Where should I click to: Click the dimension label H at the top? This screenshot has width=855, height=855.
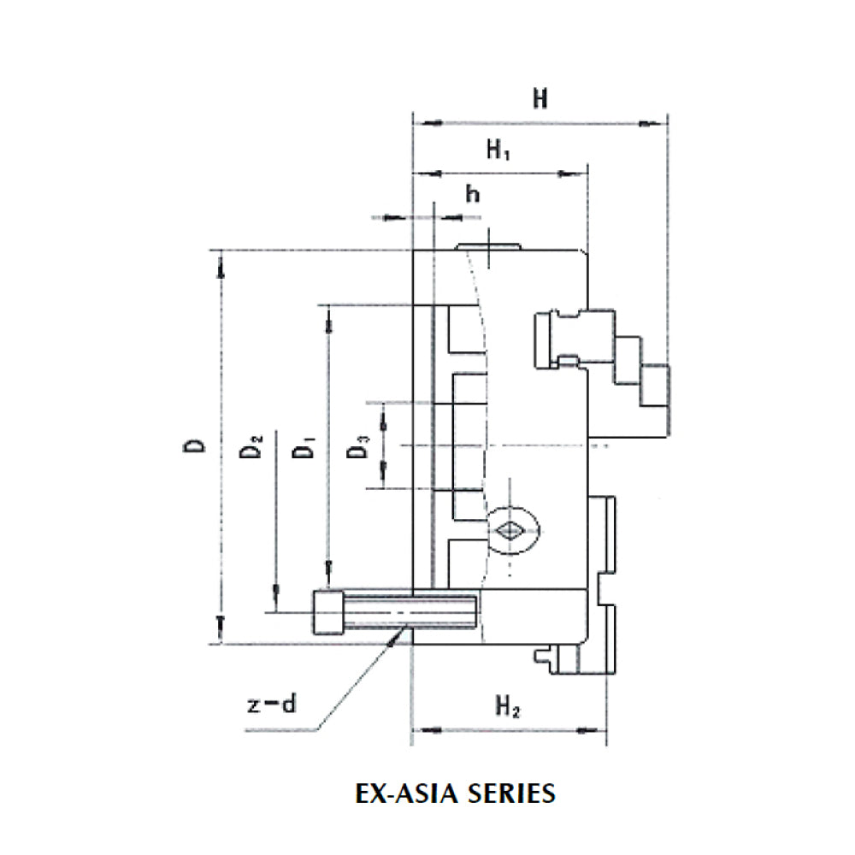[x=540, y=99]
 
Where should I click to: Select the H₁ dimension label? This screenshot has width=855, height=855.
[x=499, y=150]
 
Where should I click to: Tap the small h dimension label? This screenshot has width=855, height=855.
[x=472, y=195]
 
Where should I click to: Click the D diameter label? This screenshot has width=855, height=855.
[x=197, y=445]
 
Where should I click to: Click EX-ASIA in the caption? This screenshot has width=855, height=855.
[x=409, y=793]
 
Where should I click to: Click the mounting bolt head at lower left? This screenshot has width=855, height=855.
[x=328, y=612]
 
